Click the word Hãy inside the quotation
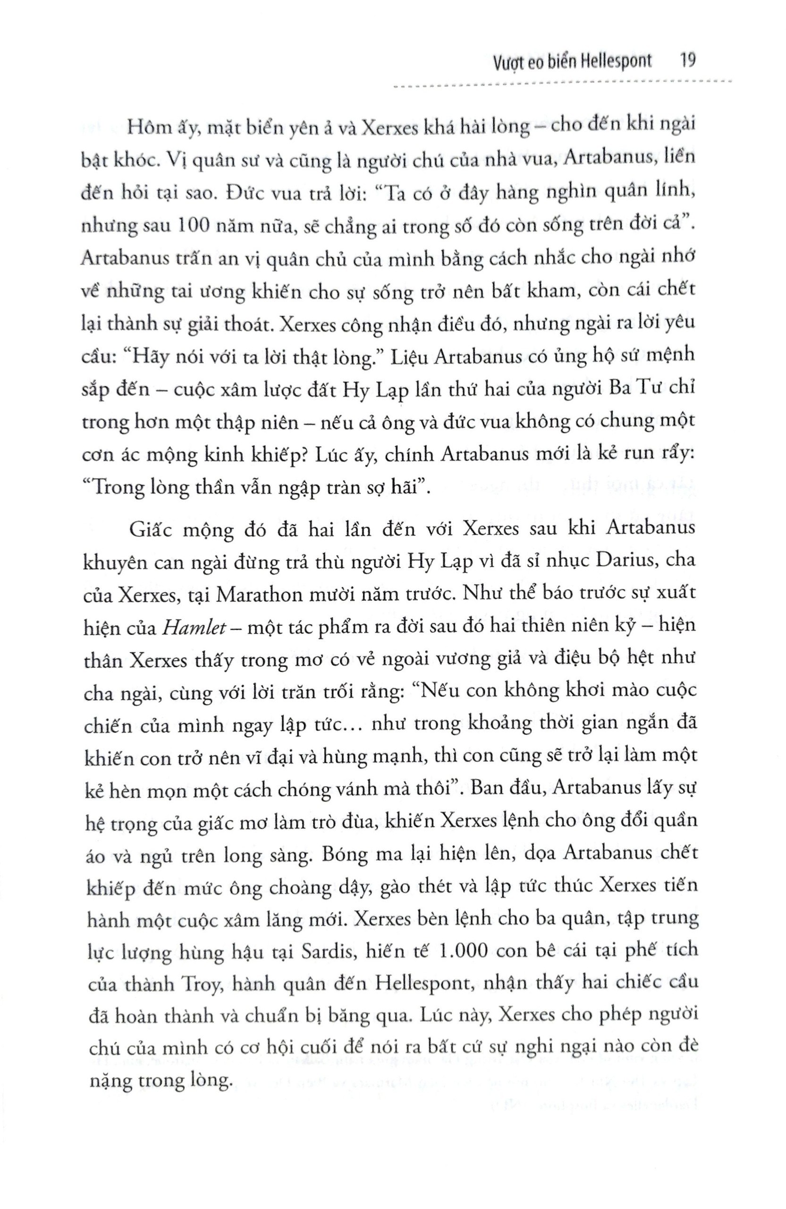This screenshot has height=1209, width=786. [x=151, y=356]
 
